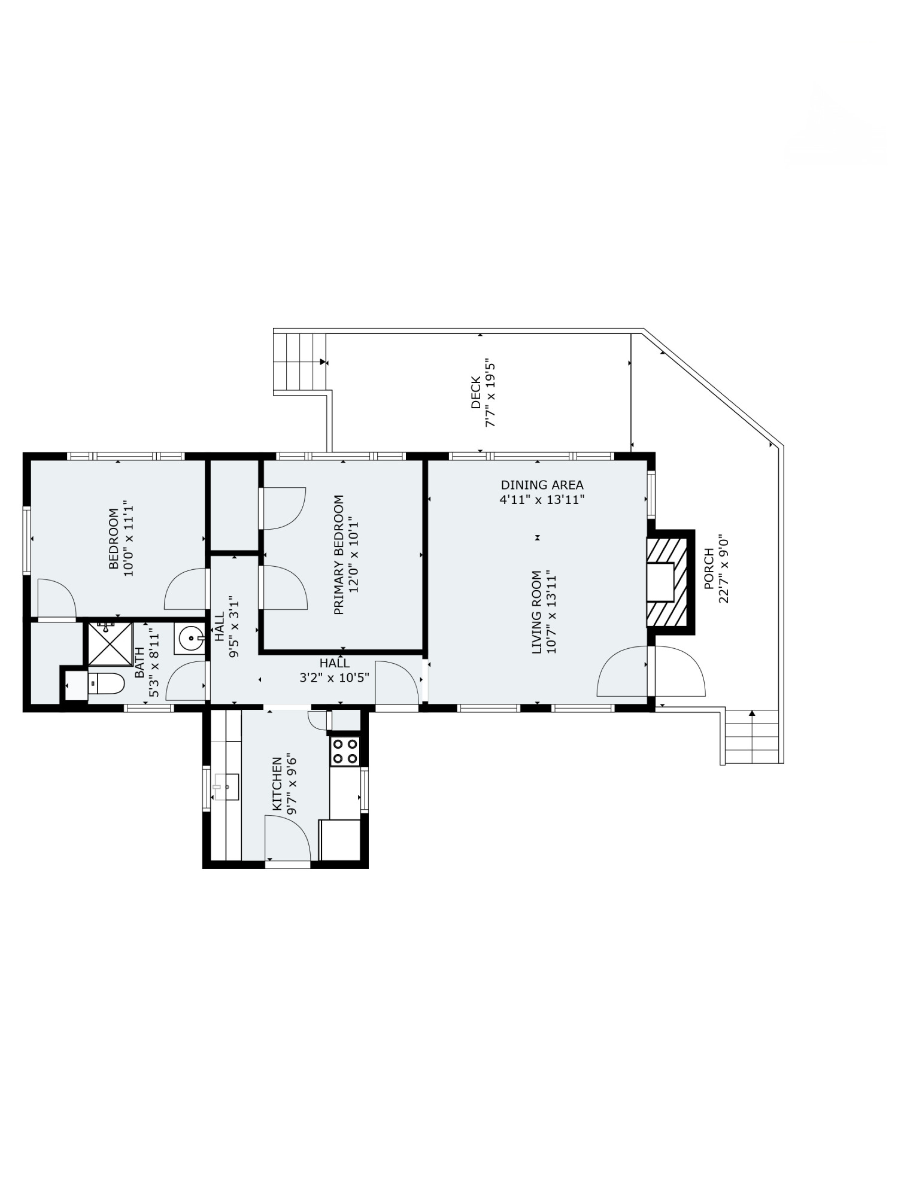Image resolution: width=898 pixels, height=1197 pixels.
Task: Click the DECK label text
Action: [476, 392]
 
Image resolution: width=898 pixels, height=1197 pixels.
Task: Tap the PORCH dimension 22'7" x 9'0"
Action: [724, 569]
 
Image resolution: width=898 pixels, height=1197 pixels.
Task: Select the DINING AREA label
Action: [542, 485]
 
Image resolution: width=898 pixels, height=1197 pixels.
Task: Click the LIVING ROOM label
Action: [536, 612]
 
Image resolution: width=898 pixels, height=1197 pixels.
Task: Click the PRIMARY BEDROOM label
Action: [339, 554]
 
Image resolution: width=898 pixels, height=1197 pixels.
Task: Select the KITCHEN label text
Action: [277, 784]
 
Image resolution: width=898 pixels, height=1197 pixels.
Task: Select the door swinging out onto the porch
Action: [679, 673]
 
